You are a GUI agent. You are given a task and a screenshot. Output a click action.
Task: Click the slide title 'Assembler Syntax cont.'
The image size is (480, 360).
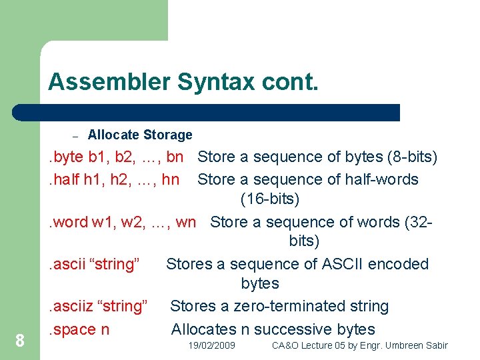pyautogui.click(x=183, y=82)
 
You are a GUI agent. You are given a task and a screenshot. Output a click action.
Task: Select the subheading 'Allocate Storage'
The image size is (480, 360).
pyautogui.click(x=140, y=135)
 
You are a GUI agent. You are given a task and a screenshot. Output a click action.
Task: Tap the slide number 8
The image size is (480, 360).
pyautogui.click(x=20, y=341)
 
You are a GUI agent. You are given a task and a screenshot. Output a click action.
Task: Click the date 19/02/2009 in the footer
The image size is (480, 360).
pyautogui.click(x=211, y=345)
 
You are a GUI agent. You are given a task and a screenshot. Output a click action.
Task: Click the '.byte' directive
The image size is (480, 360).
pyautogui.click(x=63, y=157)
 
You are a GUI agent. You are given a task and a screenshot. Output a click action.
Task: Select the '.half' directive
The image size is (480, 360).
pyautogui.click(x=62, y=179)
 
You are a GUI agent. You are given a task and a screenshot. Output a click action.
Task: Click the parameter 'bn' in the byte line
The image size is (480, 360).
pyautogui.click(x=175, y=157)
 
